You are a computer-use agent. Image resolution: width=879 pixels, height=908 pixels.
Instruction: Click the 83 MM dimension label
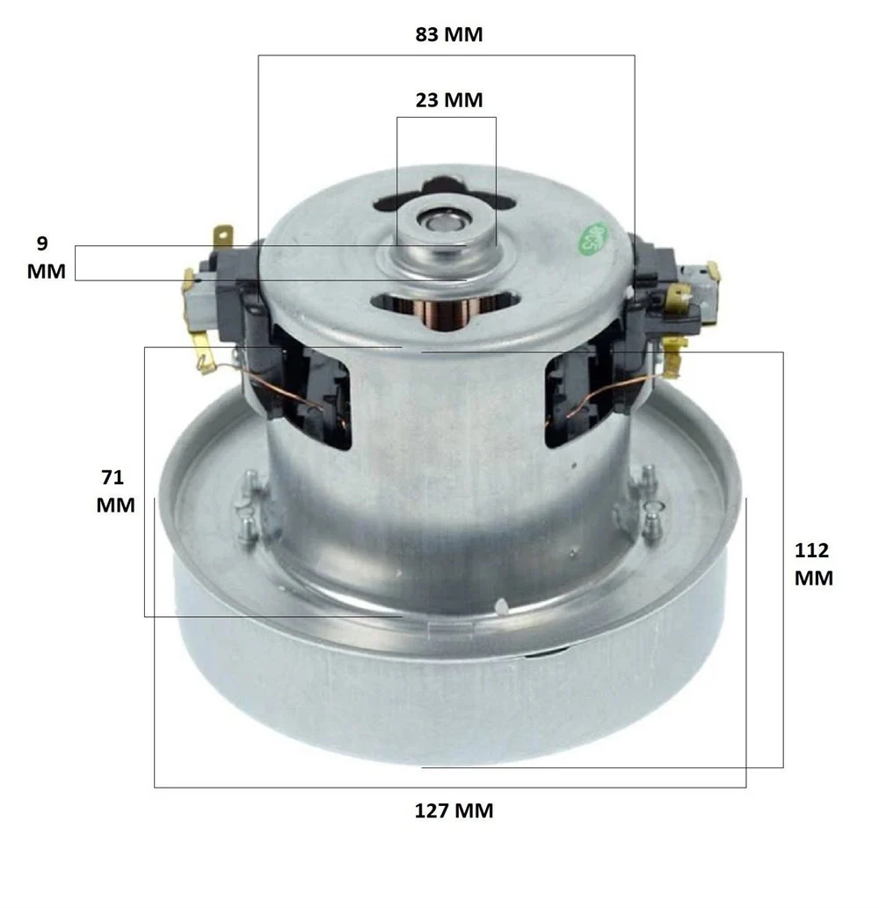coord(449,35)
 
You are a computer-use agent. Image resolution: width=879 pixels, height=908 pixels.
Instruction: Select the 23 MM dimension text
coord(449,99)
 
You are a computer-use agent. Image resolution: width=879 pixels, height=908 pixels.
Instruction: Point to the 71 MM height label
coord(115,491)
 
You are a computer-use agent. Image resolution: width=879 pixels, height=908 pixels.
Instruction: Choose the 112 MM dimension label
coord(813,564)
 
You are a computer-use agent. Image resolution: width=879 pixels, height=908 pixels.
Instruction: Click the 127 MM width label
coord(454,810)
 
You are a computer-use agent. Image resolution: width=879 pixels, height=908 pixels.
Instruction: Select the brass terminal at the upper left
coord(224,237)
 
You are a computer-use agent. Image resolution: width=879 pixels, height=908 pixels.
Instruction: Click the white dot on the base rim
coord(501,605)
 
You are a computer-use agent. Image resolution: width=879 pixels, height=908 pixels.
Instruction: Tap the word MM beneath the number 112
coord(813,578)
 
